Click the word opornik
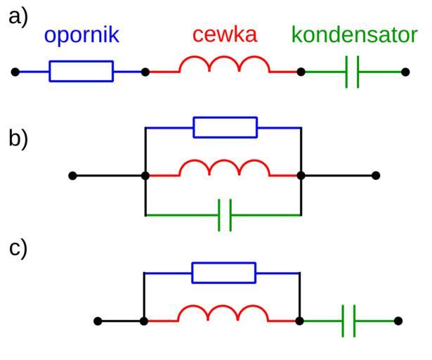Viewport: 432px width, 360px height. click(x=81, y=35)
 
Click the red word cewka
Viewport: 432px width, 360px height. click(x=225, y=34)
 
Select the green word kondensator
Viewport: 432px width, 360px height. click(x=354, y=35)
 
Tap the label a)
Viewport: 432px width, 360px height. click(x=18, y=17)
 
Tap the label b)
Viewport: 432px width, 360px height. click(x=18, y=138)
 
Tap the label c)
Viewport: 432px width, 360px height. click(x=18, y=248)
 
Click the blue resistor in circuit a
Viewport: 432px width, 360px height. click(x=81, y=72)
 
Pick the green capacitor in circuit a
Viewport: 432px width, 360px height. click(x=353, y=72)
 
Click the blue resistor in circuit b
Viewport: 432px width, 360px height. click(x=225, y=127)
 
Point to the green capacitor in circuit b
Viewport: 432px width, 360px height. click(x=225, y=215)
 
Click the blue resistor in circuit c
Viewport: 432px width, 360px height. click(x=223, y=273)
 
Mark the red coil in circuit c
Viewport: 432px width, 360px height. click(x=223, y=315)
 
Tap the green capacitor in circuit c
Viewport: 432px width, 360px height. click(x=349, y=321)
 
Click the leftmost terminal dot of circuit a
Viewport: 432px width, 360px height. click(x=15, y=72)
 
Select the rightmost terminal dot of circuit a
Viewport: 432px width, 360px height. click(x=405, y=72)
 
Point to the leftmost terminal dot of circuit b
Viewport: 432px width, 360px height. click(x=72, y=176)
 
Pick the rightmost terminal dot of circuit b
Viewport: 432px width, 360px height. click(x=376, y=176)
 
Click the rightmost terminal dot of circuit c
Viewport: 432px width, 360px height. click(x=398, y=321)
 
